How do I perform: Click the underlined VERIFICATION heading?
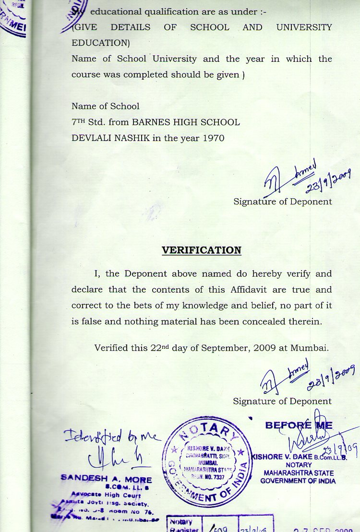tap(201, 250)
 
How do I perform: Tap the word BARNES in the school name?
tap(151, 122)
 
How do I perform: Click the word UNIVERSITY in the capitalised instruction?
tap(304, 27)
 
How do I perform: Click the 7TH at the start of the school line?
tap(79, 122)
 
